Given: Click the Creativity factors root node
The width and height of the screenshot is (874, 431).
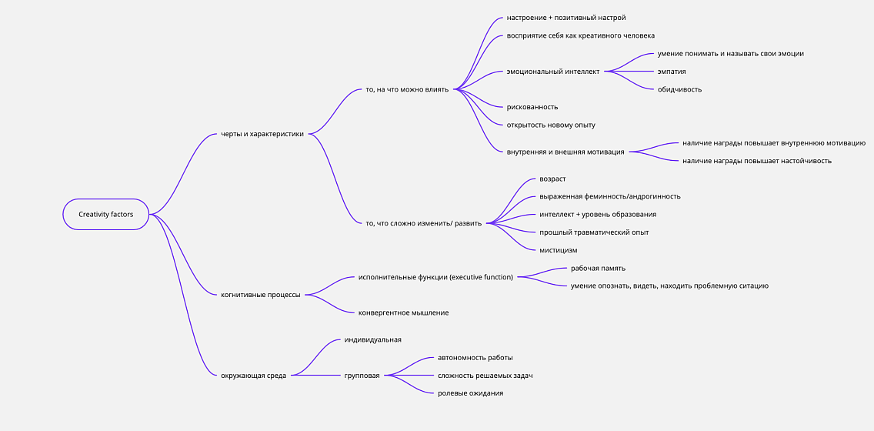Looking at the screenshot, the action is pos(106,214).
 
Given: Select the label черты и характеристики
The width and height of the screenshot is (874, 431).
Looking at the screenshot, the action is pos(262,134).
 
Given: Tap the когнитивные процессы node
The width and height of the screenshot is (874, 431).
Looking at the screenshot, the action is pos(261,295).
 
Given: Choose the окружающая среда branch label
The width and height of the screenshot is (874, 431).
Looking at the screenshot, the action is pos(254,376).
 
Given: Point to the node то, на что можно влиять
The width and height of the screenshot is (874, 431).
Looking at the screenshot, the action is pos(407,89).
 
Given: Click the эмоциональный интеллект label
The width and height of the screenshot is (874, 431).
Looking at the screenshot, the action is pos(553,72).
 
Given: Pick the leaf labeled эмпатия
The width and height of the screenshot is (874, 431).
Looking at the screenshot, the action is pos(672,72).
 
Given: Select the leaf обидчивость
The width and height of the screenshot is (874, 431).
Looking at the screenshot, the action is pos(679,89).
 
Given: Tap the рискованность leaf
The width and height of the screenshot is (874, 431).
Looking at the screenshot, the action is pos(532,107).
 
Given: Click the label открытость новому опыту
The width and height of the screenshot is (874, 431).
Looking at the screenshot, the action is pos(551,125).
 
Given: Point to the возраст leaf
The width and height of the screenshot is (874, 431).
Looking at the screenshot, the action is pos(553,179).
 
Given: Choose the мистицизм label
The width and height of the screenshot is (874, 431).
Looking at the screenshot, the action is pos(559,250).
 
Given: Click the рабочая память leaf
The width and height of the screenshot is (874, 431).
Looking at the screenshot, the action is pos(594,268).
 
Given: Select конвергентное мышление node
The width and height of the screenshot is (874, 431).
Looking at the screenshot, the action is pos(404,312).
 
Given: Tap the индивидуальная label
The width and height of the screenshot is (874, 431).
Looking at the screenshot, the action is pos(373,339).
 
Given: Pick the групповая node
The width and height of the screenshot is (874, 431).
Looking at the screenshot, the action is pos(362,376).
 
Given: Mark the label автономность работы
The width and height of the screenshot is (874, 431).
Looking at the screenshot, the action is pos(475,358).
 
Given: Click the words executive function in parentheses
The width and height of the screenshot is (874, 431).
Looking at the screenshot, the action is pos(482,277).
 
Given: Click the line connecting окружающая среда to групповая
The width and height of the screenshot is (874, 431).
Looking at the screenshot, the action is pos(317,376).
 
